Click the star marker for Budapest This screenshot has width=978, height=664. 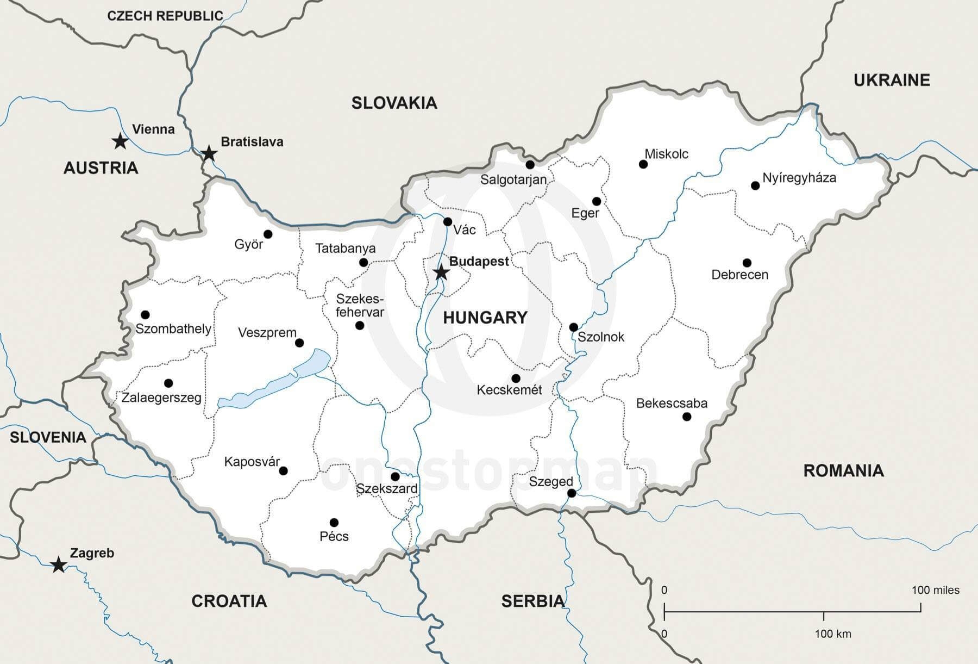pos(441,272)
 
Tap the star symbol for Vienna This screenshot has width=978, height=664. pos(120,141)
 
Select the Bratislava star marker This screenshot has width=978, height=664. pos(209,153)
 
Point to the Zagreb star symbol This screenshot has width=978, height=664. pos(59,564)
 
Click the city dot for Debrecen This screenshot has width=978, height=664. pos(747,263)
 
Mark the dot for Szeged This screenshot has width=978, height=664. pos(572,493)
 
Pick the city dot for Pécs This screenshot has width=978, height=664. pos(334,523)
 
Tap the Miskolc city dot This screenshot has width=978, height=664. pos(643,164)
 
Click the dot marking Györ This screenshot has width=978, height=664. pos(268,234)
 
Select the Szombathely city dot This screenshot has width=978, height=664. pos(145,315)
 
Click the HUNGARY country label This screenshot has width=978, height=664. pos(485,318)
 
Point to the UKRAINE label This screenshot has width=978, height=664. pos(892,80)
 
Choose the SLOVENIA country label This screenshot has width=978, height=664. pos(48,437)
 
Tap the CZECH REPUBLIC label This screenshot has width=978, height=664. pos(165,16)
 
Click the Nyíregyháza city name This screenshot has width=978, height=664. pos(799,178)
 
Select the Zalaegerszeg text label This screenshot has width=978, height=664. pos(161,398)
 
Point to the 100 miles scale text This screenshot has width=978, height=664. pos(935,590)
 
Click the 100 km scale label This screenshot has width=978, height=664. pos(832,634)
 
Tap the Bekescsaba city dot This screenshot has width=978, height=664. pos(687,417)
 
